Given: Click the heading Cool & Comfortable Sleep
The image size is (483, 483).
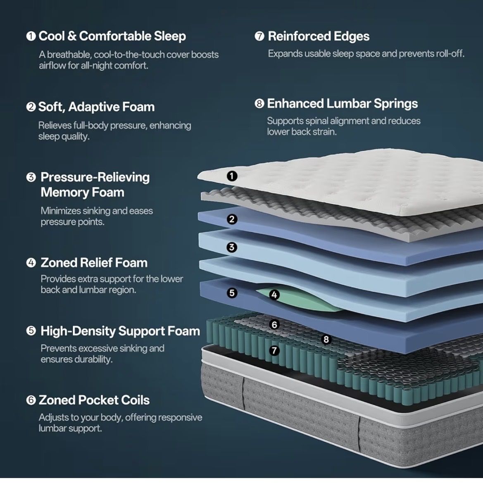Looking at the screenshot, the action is [112, 36].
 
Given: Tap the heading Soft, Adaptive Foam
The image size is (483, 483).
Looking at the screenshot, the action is [96, 107].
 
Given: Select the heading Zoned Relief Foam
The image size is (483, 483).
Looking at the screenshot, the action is [94, 263].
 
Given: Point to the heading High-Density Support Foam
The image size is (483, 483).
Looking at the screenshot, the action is [120, 331].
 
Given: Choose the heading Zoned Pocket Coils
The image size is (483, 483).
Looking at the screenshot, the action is [94, 400].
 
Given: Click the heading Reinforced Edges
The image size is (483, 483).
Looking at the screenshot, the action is [319, 36].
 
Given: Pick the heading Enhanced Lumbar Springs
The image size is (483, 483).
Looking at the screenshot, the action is [342, 103].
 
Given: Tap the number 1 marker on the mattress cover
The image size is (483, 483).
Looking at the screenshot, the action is [232, 176].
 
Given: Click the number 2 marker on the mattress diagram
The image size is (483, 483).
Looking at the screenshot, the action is [232, 219].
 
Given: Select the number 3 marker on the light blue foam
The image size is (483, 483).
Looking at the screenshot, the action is [232, 247].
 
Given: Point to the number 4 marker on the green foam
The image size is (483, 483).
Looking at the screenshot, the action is [274, 295].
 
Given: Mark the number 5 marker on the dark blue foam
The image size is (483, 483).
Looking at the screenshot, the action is [232, 293].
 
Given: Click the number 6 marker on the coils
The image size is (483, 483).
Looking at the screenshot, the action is [274, 324].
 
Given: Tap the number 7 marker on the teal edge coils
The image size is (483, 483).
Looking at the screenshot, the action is [274, 350].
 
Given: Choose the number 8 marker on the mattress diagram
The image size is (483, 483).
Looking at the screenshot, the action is [326, 340].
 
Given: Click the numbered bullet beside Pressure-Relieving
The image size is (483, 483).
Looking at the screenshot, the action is [31, 177].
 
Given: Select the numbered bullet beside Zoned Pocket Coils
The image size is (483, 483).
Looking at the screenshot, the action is [31, 400].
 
